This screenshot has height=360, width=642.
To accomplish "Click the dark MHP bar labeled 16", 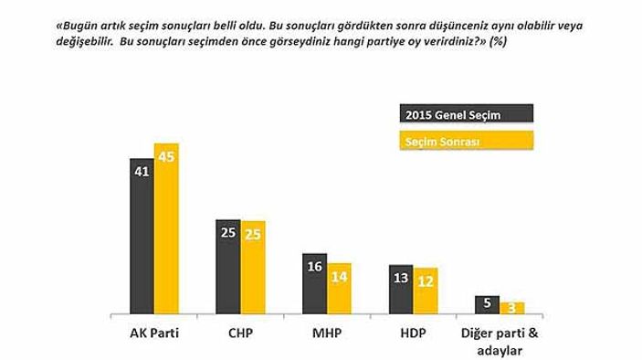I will coord(314,283).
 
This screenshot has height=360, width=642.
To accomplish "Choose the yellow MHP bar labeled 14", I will coord(339,288).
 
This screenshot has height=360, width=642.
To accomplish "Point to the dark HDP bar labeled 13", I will coord(400,289).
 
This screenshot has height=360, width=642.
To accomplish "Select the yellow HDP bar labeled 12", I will coord(425,291).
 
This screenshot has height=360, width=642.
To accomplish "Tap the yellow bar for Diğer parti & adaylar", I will coord(511,308).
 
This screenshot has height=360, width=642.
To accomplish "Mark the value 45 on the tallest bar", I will coord(166,156).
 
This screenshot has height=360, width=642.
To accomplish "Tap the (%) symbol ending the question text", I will coord(500,42).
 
